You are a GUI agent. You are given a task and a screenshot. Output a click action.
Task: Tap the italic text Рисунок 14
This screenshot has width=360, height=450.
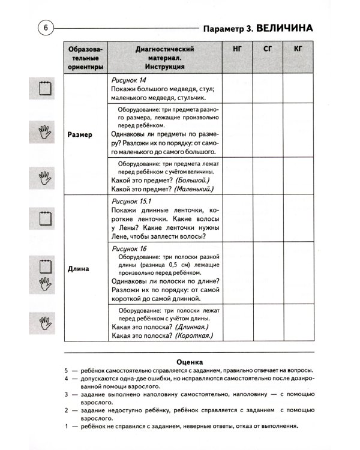click(130, 79)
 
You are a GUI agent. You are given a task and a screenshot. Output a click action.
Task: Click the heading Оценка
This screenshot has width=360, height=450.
click(190, 362)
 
